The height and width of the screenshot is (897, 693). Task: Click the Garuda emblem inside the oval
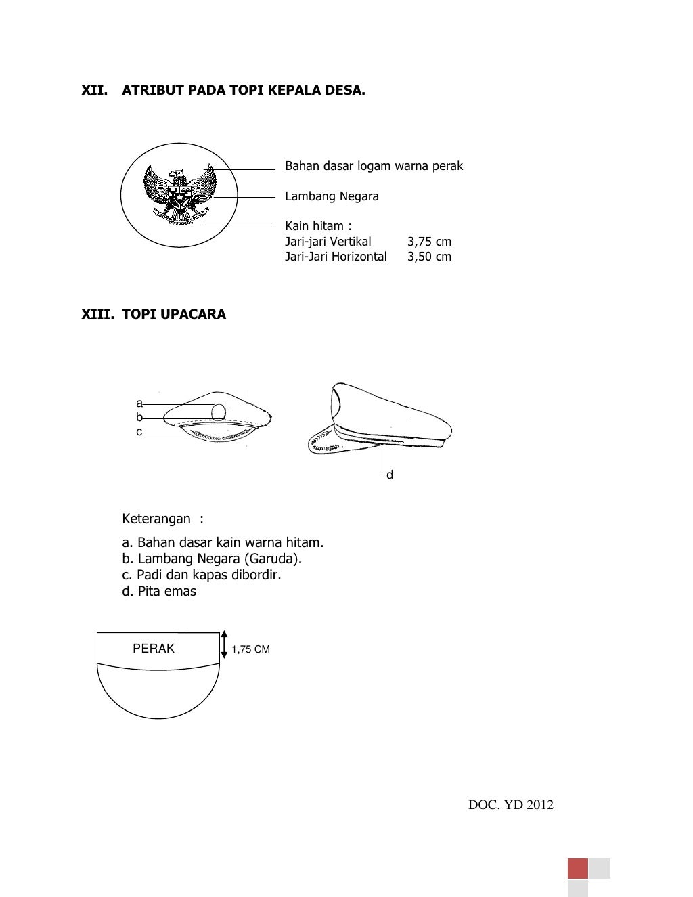pyautogui.click(x=179, y=197)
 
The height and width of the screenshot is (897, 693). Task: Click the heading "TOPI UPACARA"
pyautogui.click(x=174, y=314)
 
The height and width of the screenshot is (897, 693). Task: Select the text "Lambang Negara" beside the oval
pyautogui.click(x=332, y=196)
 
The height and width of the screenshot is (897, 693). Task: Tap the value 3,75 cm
pyautogui.click(x=429, y=242)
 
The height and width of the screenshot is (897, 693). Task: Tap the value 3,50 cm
pyautogui.click(x=429, y=257)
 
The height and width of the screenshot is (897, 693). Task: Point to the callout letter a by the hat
pyautogui.click(x=139, y=403)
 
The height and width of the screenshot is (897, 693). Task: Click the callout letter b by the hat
pyautogui.click(x=139, y=418)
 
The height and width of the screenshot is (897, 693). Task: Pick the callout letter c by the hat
pyautogui.click(x=139, y=432)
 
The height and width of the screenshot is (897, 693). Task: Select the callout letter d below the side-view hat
pyautogui.click(x=390, y=475)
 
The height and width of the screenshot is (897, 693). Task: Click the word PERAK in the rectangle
pyautogui.click(x=154, y=649)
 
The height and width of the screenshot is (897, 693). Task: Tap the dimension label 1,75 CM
pyautogui.click(x=250, y=649)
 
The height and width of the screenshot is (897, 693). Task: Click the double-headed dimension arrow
pyautogui.click(x=224, y=645)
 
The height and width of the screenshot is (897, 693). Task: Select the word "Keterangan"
pyautogui.click(x=156, y=519)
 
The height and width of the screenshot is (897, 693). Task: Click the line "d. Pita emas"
pyautogui.click(x=159, y=591)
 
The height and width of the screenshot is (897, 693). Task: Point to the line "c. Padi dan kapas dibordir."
pyautogui.click(x=201, y=575)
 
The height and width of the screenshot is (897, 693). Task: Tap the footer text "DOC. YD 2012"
pyautogui.click(x=511, y=805)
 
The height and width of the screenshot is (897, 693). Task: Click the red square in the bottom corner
pyautogui.click(x=578, y=869)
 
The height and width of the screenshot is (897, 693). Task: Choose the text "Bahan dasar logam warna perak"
pyautogui.click(x=374, y=166)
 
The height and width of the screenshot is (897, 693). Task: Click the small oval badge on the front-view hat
pyautogui.click(x=219, y=412)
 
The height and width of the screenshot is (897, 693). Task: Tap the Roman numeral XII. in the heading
pyautogui.click(x=95, y=90)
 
